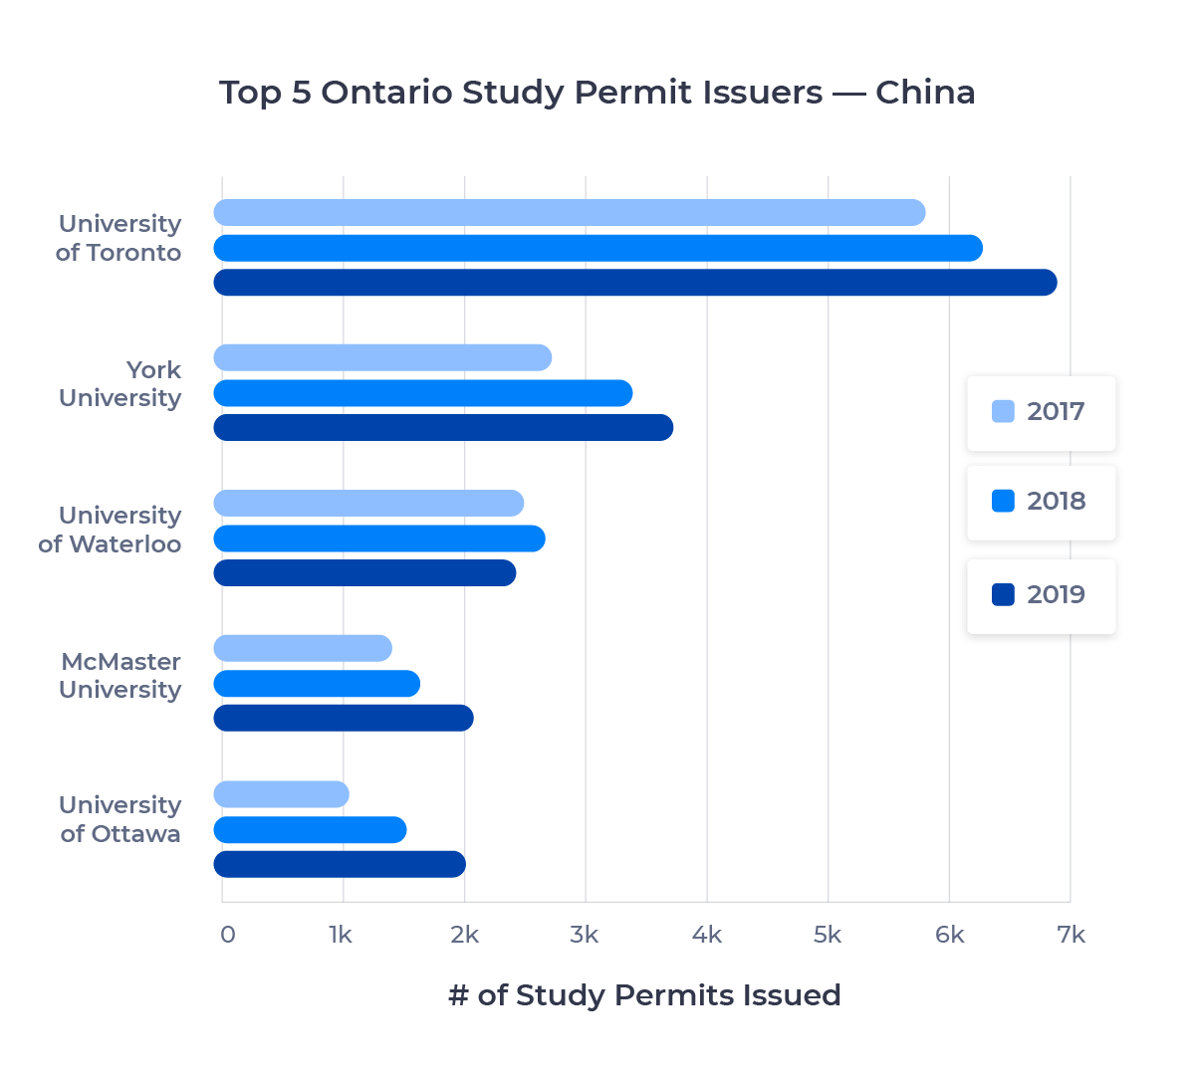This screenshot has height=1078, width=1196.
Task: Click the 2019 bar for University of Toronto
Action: (x=635, y=283)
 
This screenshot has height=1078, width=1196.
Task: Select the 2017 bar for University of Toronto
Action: (x=570, y=213)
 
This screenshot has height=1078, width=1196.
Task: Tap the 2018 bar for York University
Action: (x=423, y=393)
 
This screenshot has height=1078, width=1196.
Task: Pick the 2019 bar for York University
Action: (x=443, y=428)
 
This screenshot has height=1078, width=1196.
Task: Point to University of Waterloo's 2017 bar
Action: (x=368, y=504)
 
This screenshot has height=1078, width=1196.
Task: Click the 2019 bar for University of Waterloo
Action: (x=364, y=573)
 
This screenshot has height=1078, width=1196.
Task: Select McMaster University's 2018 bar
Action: (x=317, y=684)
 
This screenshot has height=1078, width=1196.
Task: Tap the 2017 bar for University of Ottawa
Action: (x=281, y=794)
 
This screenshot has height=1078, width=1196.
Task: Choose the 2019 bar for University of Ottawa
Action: (x=340, y=864)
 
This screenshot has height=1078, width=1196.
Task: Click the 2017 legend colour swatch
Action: (x=1004, y=411)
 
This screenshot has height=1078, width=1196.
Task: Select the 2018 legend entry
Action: (x=1041, y=502)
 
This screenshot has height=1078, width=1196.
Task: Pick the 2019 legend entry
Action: (x=1041, y=595)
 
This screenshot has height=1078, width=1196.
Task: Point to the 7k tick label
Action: (x=1072, y=935)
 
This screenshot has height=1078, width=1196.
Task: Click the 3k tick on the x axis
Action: (x=585, y=935)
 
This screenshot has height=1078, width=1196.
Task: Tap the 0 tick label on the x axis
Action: (x=228, y=935)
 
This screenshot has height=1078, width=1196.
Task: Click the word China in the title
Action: (x=924, y=93)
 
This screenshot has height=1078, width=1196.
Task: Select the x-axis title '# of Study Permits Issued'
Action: (x=644, y=995)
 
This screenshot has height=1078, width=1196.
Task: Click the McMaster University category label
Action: (x=120, y=676)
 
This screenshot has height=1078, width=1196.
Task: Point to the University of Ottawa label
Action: (x=120, y=819)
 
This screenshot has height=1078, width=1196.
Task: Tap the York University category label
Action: (x=120, y=384)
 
